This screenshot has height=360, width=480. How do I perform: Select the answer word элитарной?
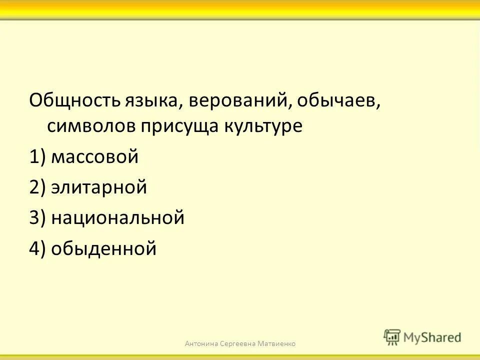(99, 188)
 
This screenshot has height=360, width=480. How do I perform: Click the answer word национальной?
(118, 218)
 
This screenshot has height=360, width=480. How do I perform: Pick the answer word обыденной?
(104, 248)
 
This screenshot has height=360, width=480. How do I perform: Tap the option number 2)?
(37, 188)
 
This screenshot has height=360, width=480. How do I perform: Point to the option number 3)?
(37, 218)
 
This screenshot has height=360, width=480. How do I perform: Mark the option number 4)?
(37, 248)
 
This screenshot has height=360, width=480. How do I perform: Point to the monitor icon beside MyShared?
(392, 336)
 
